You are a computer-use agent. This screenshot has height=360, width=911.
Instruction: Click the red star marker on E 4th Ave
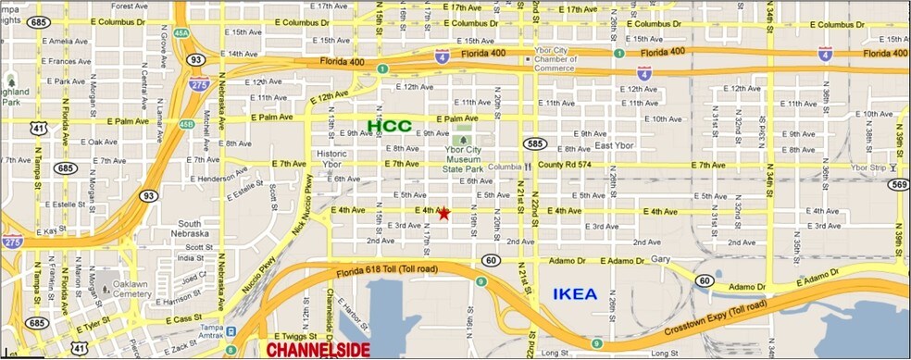click(443, 213)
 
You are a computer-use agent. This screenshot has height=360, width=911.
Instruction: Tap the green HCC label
click(389, 125)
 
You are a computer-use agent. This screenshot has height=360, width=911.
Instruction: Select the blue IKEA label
click(574, 295)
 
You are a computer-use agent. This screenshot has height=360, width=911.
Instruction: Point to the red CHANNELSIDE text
click(318, 350)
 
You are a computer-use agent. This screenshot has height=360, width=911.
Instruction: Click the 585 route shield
click(533, 144)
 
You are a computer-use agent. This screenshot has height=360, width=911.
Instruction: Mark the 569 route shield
click(897, 184)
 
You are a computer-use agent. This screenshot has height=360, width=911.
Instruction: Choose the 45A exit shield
click(181, 33)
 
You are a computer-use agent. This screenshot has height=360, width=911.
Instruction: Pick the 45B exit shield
click(187, 124)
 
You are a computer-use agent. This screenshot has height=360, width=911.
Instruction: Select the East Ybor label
click(614, 146)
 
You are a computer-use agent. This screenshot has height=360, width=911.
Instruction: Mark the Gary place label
click(659, 259)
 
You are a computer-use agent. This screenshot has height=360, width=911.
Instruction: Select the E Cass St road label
click(183, 320)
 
